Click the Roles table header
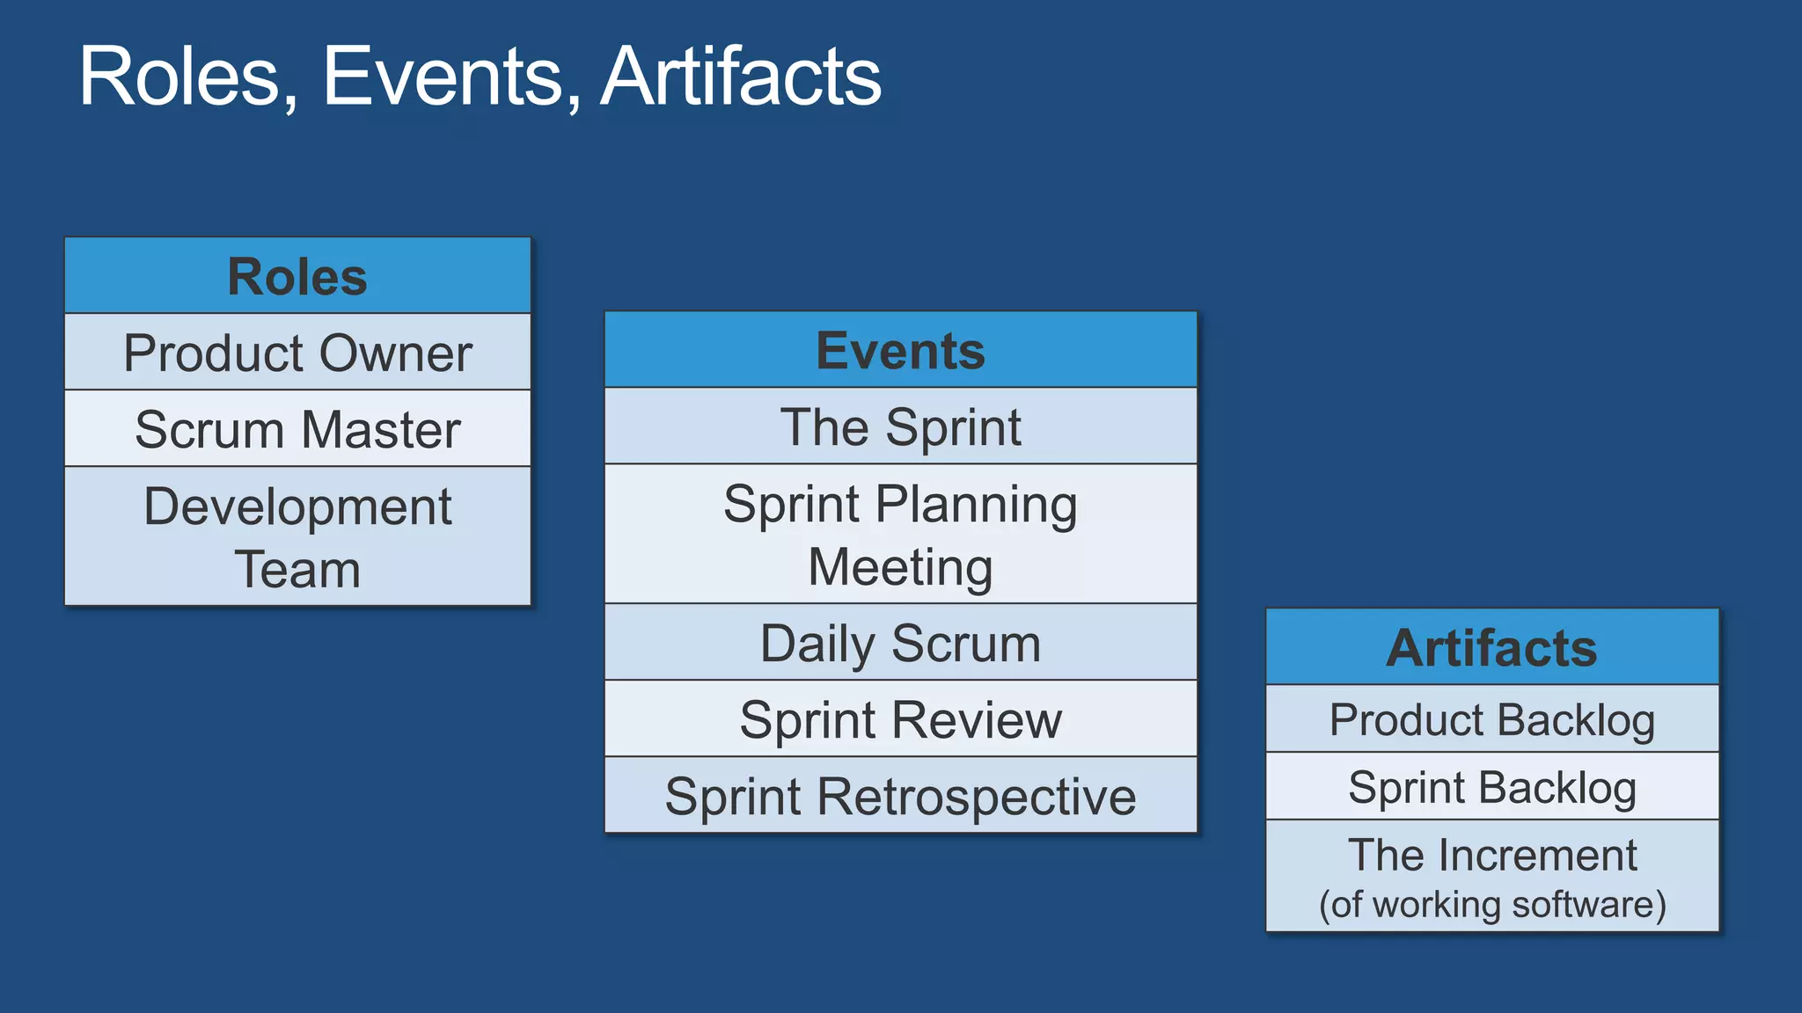297,276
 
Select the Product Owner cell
297,353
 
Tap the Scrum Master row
297,429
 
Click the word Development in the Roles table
297,506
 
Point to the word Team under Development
297,569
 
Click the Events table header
900,350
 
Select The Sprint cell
900,426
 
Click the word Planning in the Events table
976,505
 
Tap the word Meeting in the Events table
900,567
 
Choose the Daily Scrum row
900,643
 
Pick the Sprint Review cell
900,719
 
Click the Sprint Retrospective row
900,796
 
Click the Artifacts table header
1491,647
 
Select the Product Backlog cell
1491,719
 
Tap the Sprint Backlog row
1491,786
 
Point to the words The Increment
1491,855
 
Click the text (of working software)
1491,904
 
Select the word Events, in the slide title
449,77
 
